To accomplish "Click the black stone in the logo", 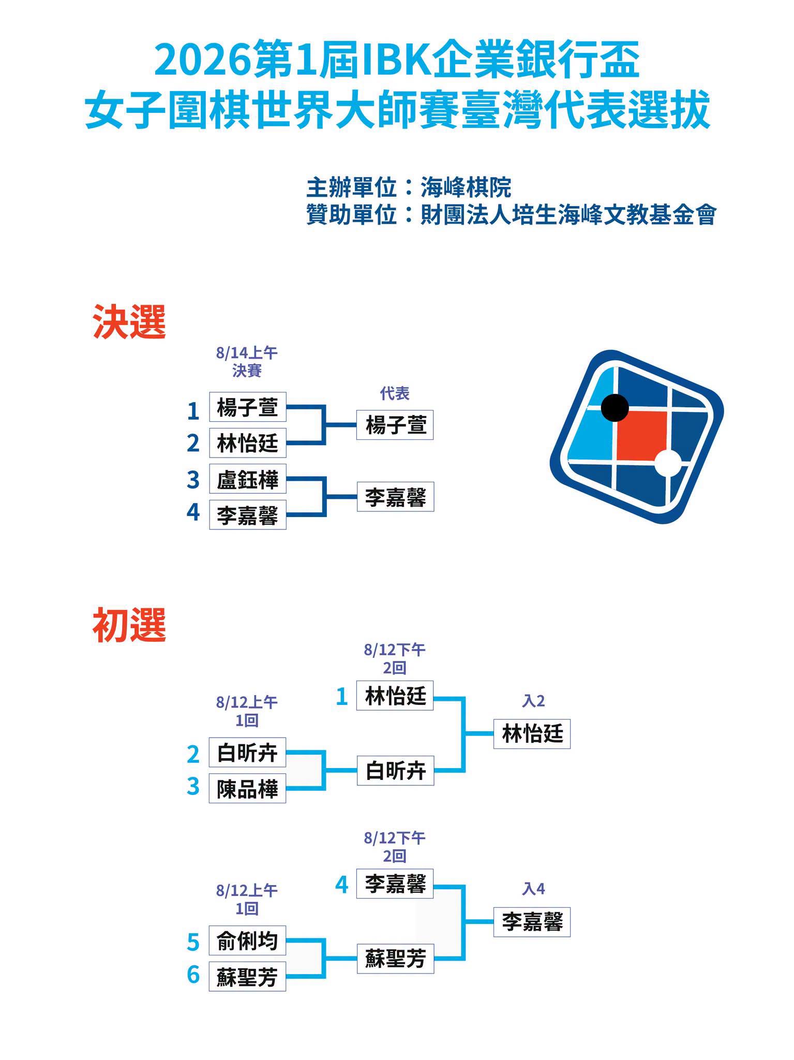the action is [x=615, y=407].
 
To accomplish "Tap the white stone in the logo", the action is [x=668, y=463].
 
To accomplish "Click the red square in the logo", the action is [x=641, y=436].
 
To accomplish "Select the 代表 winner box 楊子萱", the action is [x=395, y=425].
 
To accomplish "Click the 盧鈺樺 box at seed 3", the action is [x=248, y=479].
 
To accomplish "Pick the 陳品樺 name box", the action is [x=247, y=788].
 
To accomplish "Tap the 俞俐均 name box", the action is [x=247, y=940].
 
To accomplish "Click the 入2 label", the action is [x=533, y=701].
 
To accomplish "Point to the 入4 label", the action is [x=533, y=889].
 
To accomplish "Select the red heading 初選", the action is [x=129, y=625].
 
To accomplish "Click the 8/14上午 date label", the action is [x=247, y=353].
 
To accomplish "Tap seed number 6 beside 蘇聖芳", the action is [x=193, y=975].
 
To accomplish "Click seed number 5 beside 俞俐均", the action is [x=193, y=942].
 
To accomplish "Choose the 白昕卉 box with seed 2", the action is [x=247, y=752].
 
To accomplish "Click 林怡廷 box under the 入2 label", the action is [x=532, y=733].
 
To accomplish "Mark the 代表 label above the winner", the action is [x=395, y=393].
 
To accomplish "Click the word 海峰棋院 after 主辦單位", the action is [x=466, y=187].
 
